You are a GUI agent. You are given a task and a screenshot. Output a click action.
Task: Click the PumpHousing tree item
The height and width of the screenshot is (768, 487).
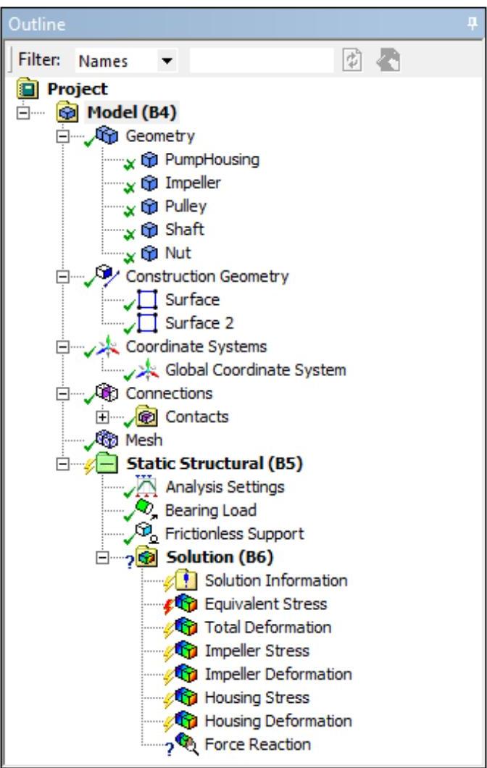tap(211, 159)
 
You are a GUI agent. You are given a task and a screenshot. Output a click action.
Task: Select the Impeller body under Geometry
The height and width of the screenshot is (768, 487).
tap(192, 183)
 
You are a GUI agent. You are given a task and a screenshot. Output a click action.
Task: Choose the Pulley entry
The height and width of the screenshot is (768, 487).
tap(186, 206)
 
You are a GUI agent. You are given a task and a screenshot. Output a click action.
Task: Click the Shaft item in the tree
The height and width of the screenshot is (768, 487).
tap(184, 230)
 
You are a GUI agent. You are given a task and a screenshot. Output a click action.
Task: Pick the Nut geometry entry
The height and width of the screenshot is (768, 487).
tap(178, 253)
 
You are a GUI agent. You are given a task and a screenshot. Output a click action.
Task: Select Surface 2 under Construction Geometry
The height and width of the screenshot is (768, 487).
tap(199, 323)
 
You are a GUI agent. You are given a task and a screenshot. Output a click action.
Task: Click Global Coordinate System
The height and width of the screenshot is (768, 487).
tap(255, 370)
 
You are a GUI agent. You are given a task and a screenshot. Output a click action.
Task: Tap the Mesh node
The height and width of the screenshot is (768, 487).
tap(143, 440)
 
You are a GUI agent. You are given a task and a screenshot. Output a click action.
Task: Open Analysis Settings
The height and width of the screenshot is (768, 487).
tap(225, 487)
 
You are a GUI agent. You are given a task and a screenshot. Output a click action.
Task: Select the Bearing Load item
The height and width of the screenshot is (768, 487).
tap(210, 510)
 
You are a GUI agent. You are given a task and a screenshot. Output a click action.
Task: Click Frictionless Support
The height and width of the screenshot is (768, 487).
tap(234, 534)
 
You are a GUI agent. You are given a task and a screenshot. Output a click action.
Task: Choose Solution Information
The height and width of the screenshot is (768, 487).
tap(275, 580)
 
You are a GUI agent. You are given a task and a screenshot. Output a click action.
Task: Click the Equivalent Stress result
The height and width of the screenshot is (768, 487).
tap(265, 604)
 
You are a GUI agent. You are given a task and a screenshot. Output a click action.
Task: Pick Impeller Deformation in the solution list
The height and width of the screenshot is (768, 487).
tap(278, 674)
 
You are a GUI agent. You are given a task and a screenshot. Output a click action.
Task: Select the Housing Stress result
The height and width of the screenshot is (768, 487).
tap(257, 698)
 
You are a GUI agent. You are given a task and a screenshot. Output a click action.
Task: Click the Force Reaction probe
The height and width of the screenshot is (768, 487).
tap(257, 744)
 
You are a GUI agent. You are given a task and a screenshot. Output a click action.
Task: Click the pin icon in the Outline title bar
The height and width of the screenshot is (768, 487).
tap(472, 25)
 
